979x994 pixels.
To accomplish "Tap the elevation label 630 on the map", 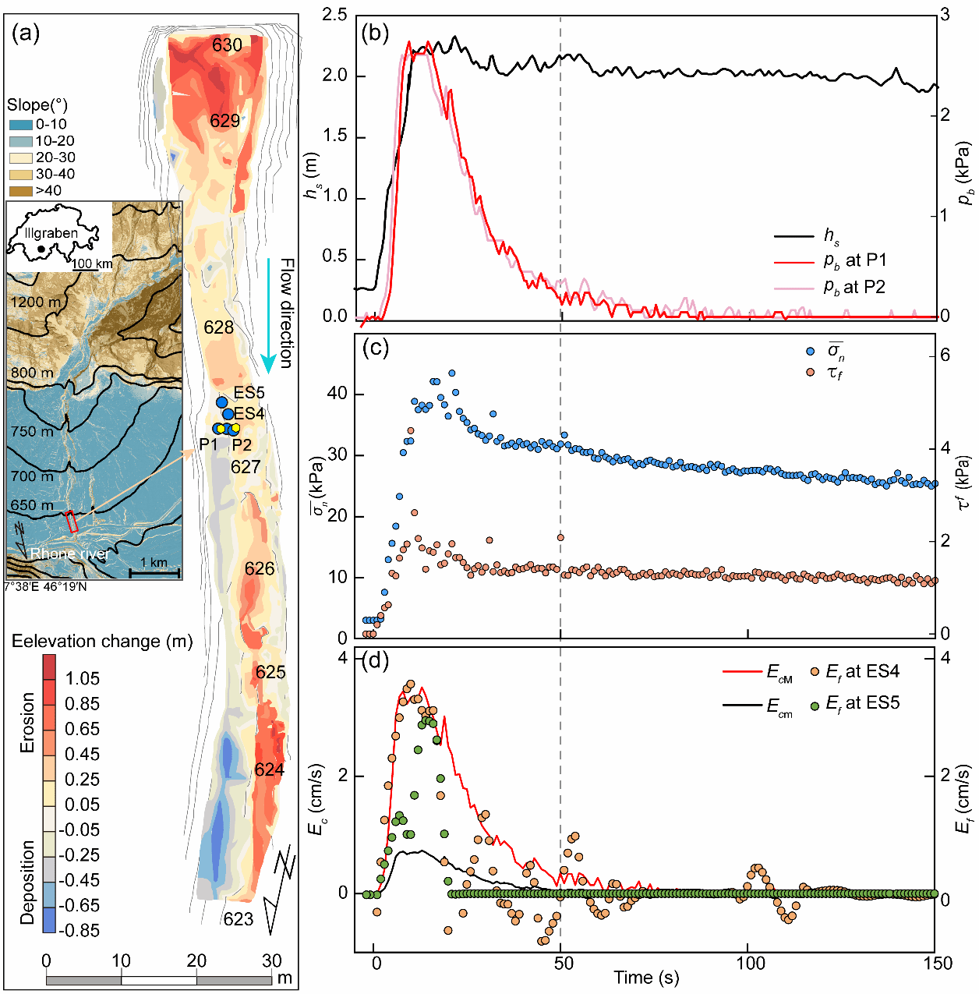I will pyautogui.click(x=227, y=45).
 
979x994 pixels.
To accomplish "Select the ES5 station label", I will pyautogui.click(x=249, y=393).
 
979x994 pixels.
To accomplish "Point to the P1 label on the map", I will pyautogui.click(x=208, y=444).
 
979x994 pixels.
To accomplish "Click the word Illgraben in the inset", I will pyautogui.click(x=51, y=233).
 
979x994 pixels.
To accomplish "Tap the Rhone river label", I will pyautogui.click(x=69, y=554).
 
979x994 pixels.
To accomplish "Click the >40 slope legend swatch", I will pyautogui.click(x=21, y=190).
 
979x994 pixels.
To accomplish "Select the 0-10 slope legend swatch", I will pyautogui.click(x=21, y=125).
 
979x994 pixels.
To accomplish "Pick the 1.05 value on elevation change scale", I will pyautogui.click(x=83, y=678).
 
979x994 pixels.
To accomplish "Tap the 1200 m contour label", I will pyautogui.click(x=35, y=302).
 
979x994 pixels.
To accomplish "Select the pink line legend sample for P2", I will pyautogui.click(x=793, y=288).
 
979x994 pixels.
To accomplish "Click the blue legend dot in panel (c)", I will pyautogui.click(x=811, y=352).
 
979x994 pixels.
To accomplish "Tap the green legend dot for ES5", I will pyautogui.click(x=815, y=706).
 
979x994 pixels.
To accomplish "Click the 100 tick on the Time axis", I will pyautogui.click(x=751, y=963).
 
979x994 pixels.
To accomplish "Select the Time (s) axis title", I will pyautogui.click(x=645, y=978).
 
